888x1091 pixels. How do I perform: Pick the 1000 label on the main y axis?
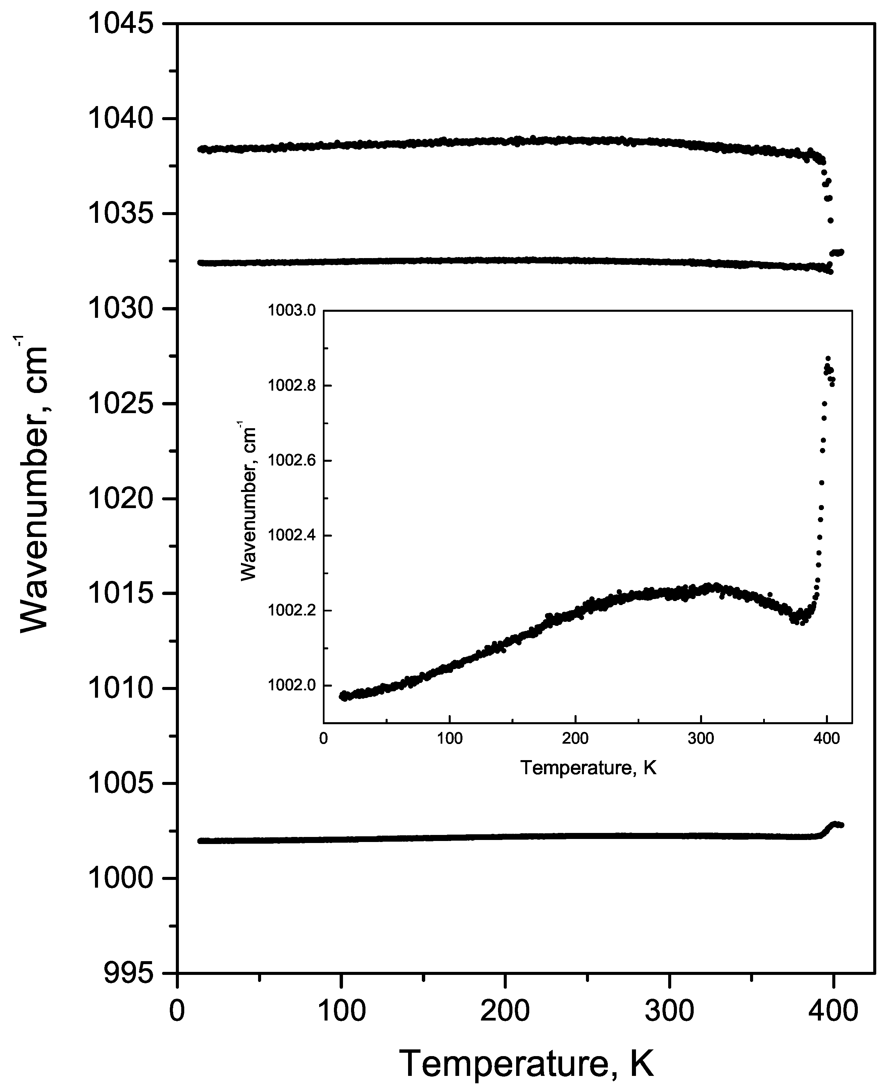tap(121, 878)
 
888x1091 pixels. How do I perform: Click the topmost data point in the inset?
tap(828, 358)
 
